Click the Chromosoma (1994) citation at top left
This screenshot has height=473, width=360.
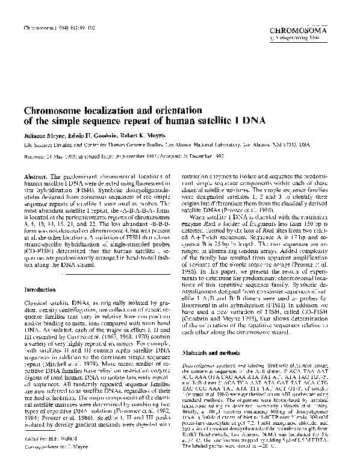click(x=55, y=28)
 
